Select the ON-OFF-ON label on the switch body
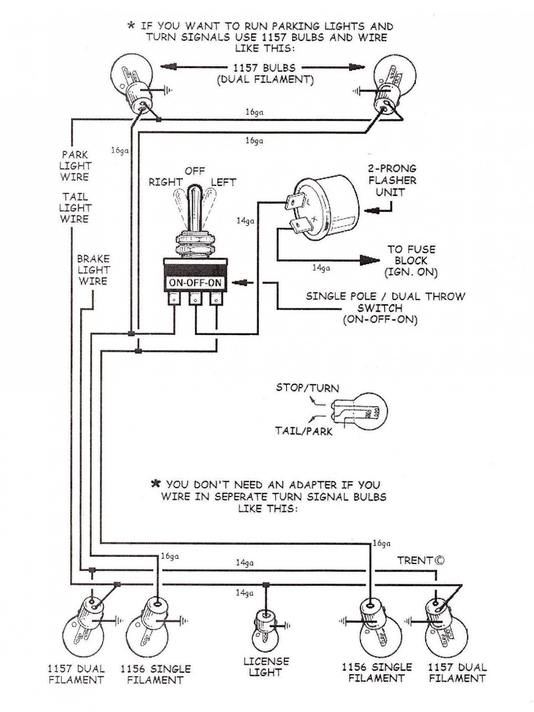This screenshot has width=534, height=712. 195,283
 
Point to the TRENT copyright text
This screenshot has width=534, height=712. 421,561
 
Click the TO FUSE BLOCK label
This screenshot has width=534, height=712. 411,261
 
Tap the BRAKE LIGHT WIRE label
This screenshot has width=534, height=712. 94,270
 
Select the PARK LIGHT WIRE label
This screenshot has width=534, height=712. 75,166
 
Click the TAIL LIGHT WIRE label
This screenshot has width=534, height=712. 75,208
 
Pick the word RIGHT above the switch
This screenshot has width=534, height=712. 166,182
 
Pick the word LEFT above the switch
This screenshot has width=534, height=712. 223,182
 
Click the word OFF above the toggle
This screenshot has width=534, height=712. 195,171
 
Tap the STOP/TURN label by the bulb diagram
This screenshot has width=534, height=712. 307,388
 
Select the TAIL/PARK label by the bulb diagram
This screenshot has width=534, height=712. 303,431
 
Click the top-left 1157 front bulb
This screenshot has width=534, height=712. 133,85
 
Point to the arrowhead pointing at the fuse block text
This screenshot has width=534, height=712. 370,261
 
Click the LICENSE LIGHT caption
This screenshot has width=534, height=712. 265,667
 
